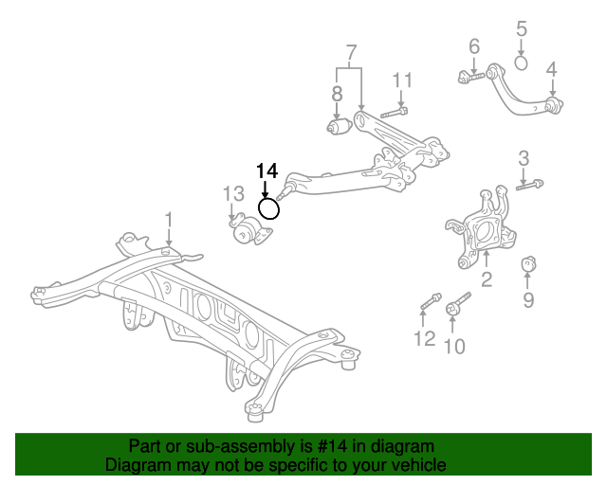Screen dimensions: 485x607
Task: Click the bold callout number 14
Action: pos(267,171)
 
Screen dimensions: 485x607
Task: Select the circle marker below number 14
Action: pos(269,207)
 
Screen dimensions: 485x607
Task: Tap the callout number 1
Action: pos(169,221)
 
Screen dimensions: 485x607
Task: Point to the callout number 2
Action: pos(487,279)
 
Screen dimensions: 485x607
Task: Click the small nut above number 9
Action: pos(530,261)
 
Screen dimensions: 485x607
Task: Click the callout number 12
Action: pos(424,338)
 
